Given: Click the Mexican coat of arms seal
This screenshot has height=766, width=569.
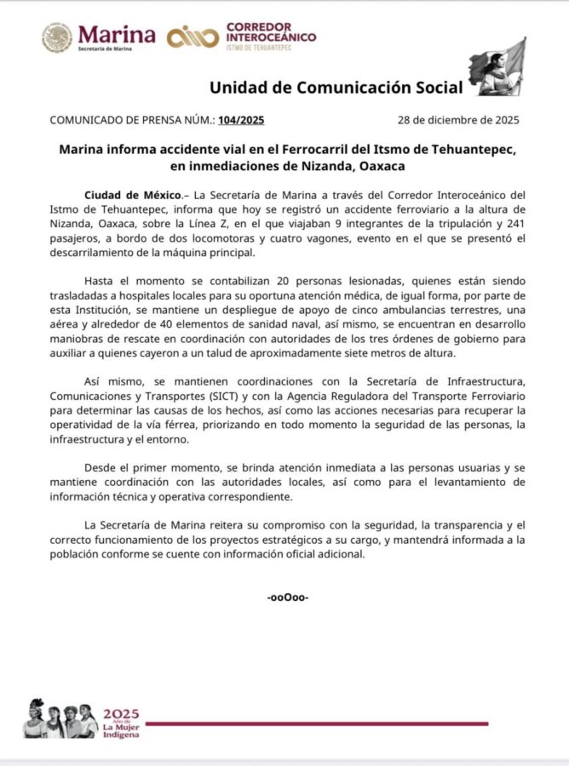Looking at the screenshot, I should click(x=57, y=37).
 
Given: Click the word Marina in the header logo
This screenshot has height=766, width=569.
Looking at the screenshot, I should click(x=117, y=34).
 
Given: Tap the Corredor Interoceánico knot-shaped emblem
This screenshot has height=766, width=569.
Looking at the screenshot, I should click(x=193, y=37).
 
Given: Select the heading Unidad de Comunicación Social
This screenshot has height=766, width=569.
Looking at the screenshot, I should click(x=336, y=87).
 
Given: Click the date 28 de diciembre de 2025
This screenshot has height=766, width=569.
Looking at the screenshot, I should click(x=459, y=120).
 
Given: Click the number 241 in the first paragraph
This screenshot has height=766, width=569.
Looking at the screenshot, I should click(x=506, y=225).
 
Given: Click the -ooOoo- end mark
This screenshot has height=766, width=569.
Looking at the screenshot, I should click(x=287, y=597).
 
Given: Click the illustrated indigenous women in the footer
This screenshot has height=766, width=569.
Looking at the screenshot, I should click(x=60, y=719).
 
